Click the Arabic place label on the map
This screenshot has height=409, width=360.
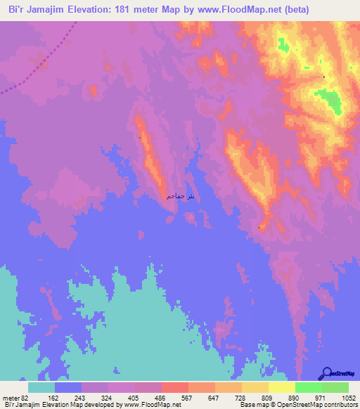181,195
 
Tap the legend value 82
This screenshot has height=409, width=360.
25,397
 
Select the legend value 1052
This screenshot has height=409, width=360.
348,397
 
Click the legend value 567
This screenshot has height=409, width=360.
188,397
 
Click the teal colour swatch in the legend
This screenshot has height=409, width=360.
41,387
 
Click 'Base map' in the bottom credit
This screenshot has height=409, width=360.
253,405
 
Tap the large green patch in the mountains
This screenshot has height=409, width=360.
328,101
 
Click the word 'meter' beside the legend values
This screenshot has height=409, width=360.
10,397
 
